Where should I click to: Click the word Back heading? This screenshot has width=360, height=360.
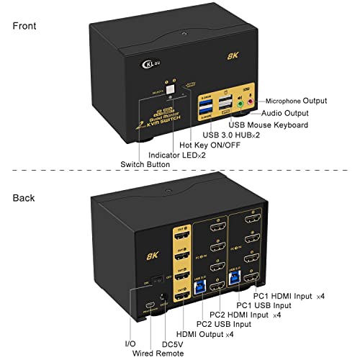[24, 197]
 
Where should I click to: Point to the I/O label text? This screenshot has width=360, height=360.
[131, 345]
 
